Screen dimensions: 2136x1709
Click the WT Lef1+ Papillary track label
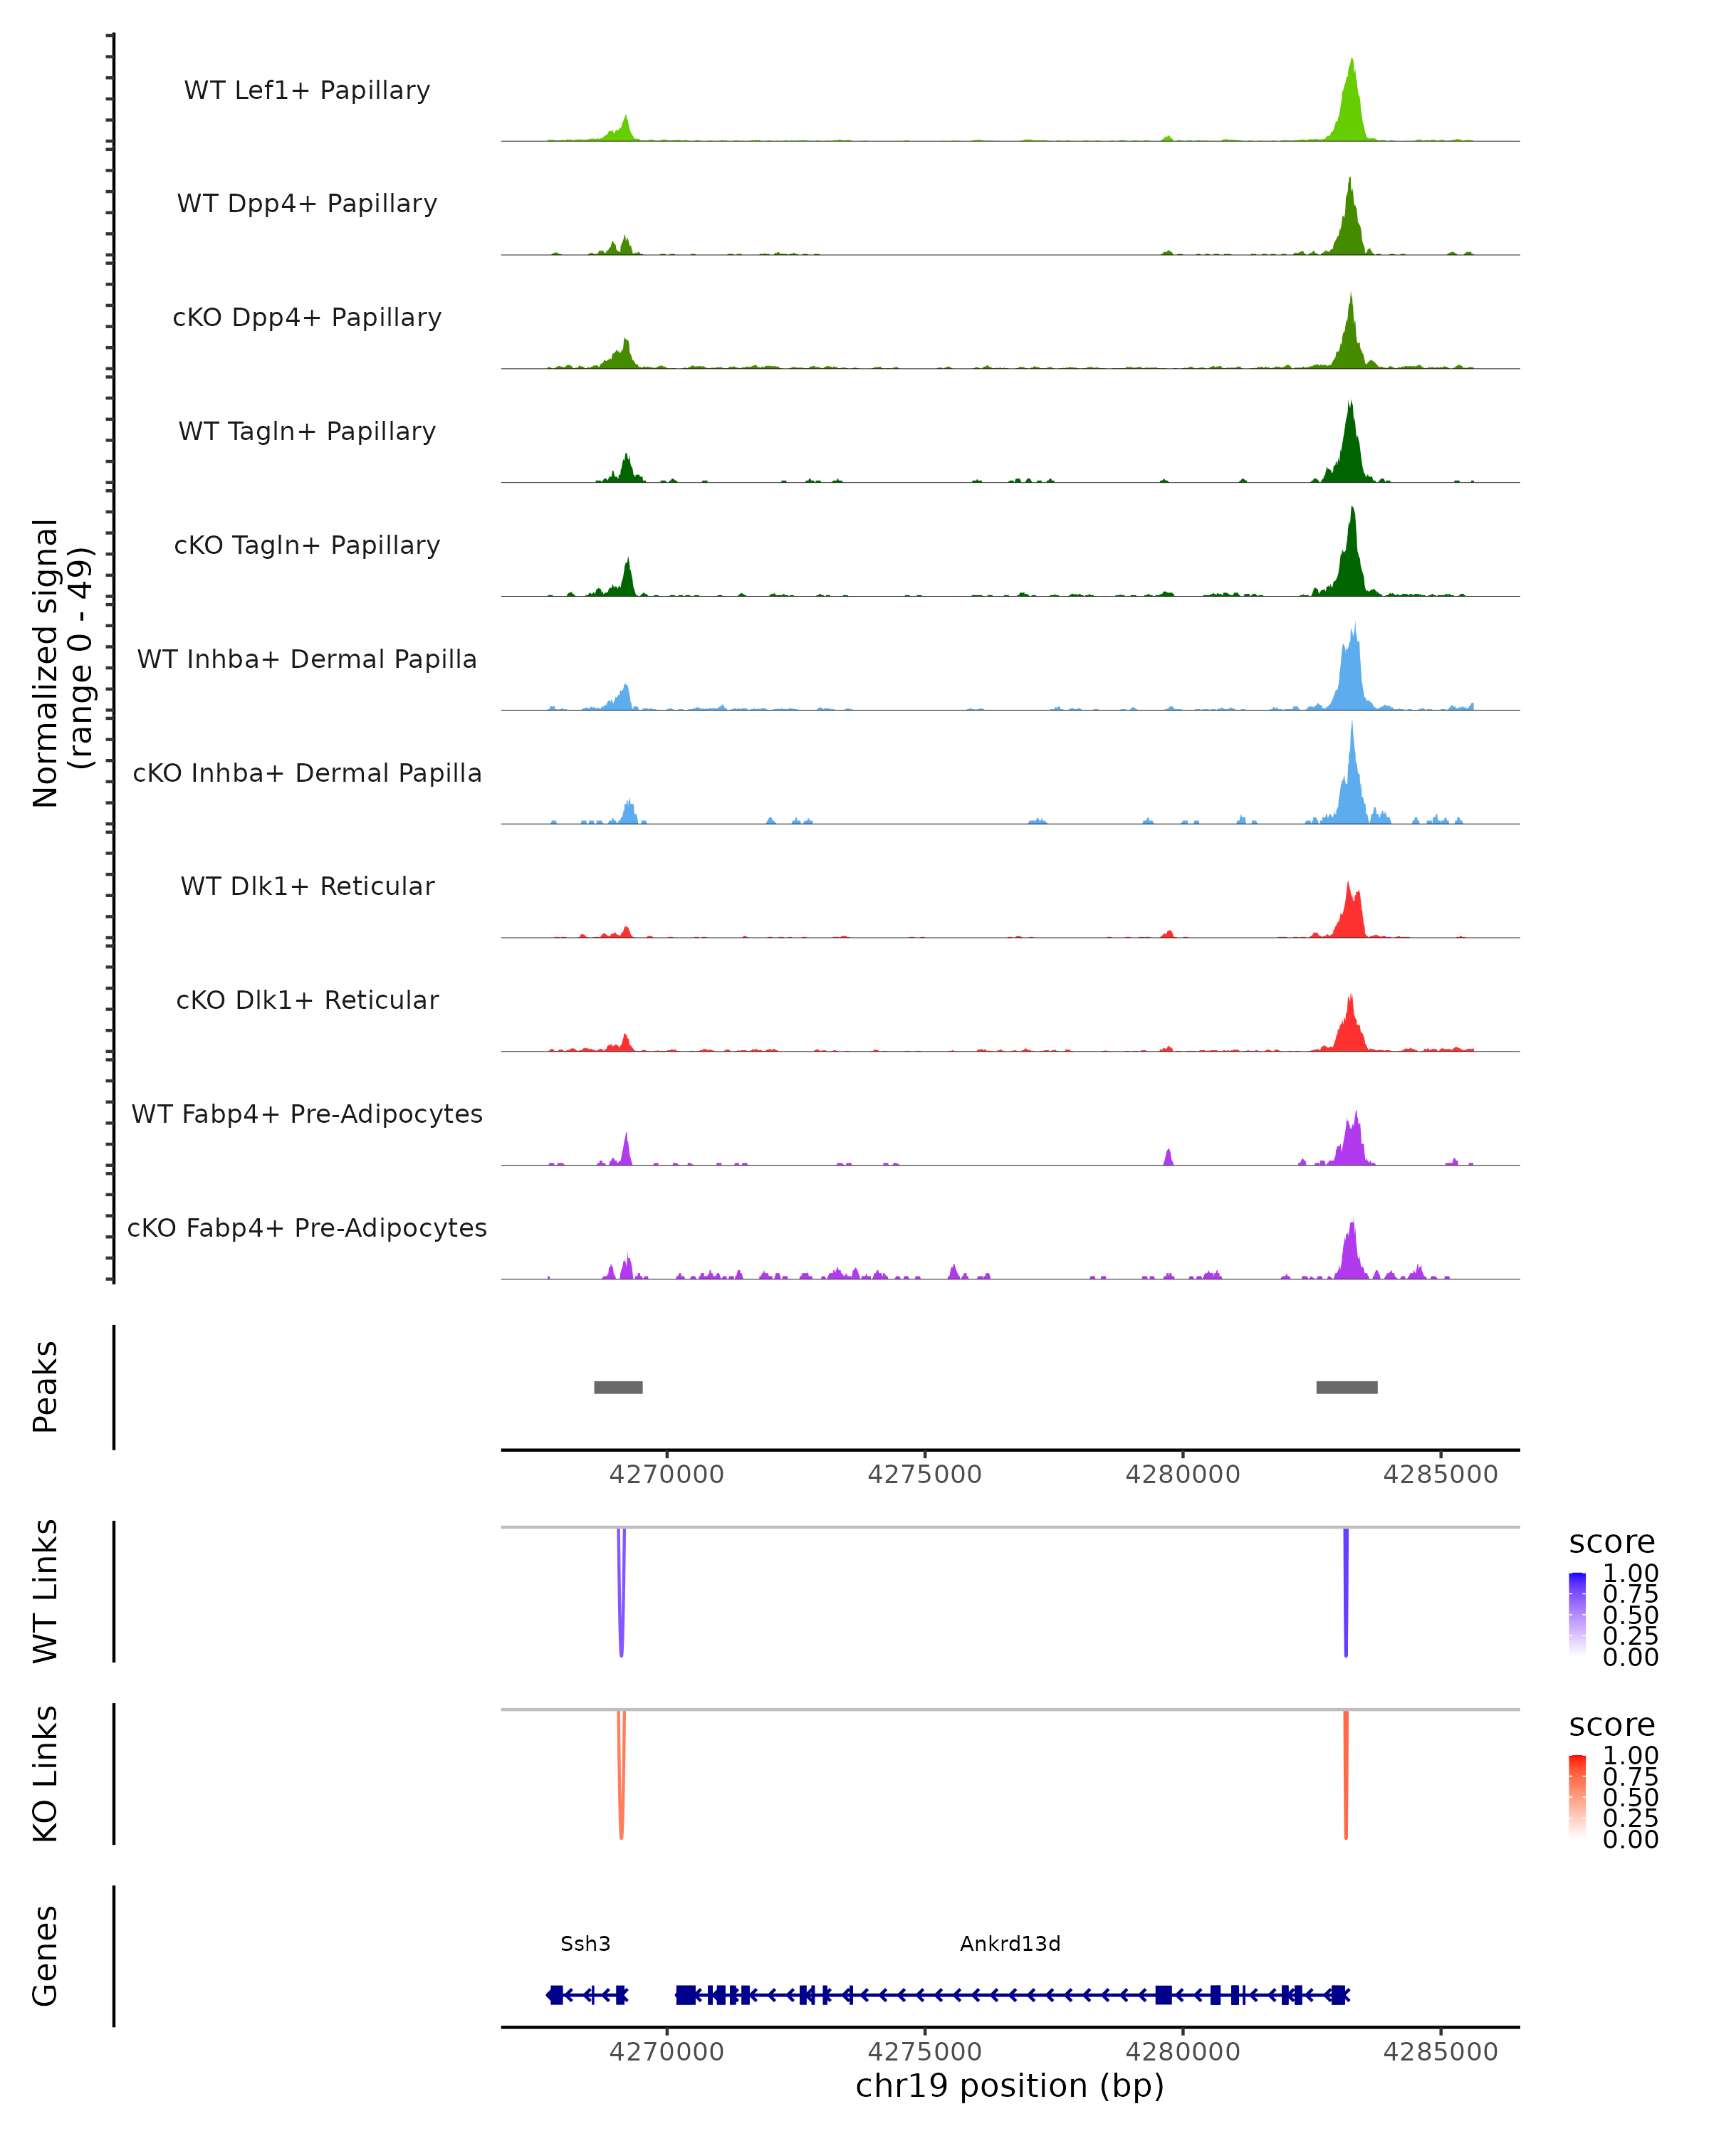click(307, 90)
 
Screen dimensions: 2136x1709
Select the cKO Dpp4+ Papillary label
click(307, 317)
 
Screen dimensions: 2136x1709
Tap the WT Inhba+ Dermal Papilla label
click(307, 659)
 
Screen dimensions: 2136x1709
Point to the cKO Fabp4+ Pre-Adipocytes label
click(307, 1227)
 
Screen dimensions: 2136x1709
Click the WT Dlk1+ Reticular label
click(307, 886)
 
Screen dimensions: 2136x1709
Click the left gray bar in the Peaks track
click(618, 1387)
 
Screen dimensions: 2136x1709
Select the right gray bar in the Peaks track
click(1347, 1387)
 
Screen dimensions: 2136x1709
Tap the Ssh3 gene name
click(585, 1944)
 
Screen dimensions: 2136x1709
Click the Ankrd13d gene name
click(1010, 1944)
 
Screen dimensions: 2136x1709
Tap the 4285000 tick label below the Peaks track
click(1441, 1475)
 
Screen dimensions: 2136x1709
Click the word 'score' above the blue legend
click(1612, 1543)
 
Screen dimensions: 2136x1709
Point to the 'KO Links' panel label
click(46, 1774)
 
